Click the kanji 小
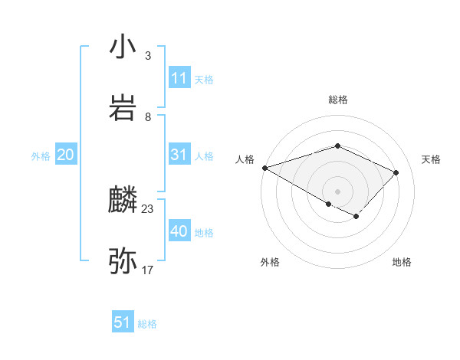[123, 47]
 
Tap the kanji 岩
[123, 108]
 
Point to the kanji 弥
[123, 261]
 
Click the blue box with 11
[179, 78]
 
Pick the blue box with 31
[179, 155]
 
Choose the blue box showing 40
[179, 231]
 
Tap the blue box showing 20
[66, 155]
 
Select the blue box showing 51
[123, 322]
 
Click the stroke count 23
[148, 208]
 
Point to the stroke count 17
[148, 270]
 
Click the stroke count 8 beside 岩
[148, 116]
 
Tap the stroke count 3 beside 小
[148, 56]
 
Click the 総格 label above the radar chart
[338, 100]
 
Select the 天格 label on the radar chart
[432, 159]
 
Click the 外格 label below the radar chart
[270, 262]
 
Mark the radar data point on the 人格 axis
[264, 168]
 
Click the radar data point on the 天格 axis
[396, 172]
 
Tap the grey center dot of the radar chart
[338, 191]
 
